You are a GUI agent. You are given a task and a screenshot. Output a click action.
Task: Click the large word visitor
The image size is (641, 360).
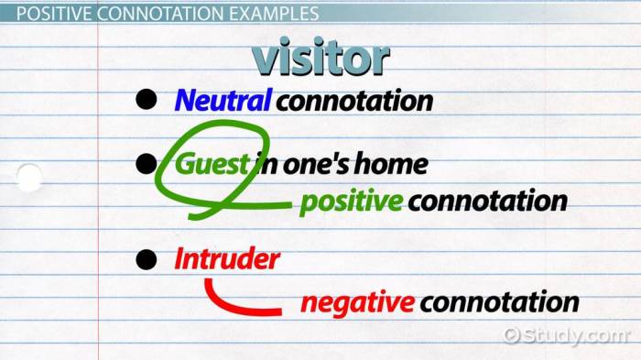[x=320, y=58]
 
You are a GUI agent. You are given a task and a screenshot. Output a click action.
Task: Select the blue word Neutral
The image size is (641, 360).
[x=222, y=100]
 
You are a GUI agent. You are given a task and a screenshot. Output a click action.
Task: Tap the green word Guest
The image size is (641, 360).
[x=212, y=165]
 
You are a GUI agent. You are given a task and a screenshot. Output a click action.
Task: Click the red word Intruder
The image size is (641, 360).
[x=226, y=259]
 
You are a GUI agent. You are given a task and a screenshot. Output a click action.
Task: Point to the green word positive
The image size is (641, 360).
[x=351, y=201]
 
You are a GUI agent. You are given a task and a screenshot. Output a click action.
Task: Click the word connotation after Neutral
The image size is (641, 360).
[x=353, y=100]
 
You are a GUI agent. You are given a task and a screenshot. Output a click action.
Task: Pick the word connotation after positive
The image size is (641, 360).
[x=487, y=201]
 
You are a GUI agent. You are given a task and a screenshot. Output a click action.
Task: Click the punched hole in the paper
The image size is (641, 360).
[x=28, y=177]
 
